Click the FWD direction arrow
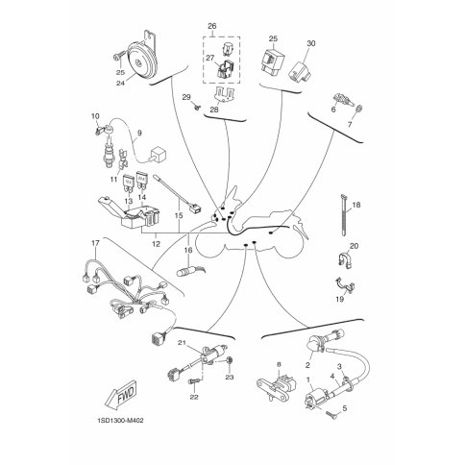[x=120, y=394]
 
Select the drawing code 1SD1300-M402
[x=120, y=421]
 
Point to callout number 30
[x=311, y=43]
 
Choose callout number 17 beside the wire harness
[x=95, y=243]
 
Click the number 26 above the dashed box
[x=212, y=26]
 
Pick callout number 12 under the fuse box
[x=156, y=244]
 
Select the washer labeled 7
[x=359, y=109]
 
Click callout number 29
[x=186, y=97]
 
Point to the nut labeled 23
[x=230, y=361]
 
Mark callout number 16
[x=188, y=250]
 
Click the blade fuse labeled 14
[x=141, y=182]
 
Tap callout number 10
[x=95, y=116]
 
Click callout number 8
[x=279, y=364]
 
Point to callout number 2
[x=308, y=365]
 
